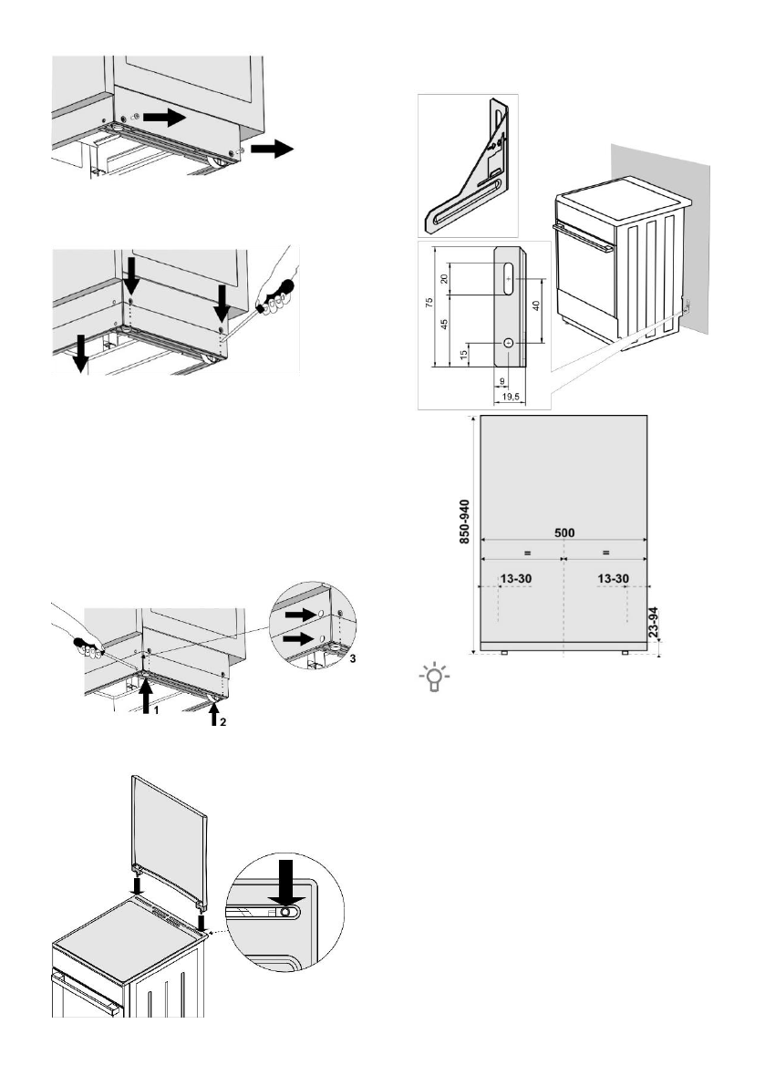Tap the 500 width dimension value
point(563,533)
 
